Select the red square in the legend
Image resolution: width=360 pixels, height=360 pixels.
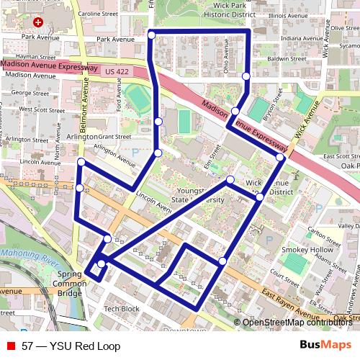11,346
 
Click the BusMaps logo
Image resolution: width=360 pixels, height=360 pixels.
325,346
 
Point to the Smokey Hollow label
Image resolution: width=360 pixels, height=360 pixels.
304,250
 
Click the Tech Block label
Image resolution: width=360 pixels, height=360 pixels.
121,309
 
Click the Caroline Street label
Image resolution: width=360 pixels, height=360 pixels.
98,14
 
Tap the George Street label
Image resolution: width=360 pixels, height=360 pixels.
30,93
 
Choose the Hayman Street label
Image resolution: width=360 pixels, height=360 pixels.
36,56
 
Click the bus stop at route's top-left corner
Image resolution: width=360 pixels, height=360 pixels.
152,35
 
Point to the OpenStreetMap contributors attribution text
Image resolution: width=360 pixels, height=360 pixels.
297,323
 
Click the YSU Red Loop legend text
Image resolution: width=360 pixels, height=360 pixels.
71,346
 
